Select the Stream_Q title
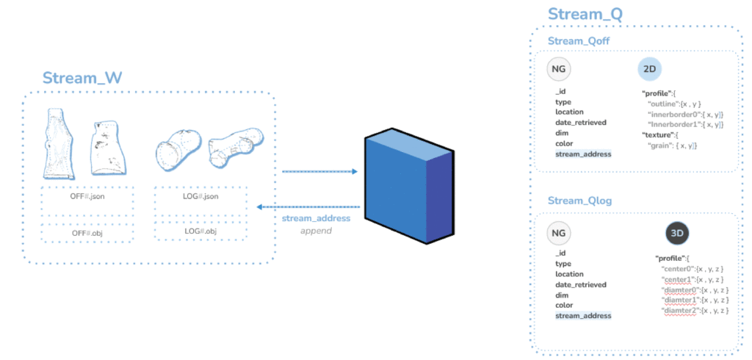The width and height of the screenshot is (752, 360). [585, 14]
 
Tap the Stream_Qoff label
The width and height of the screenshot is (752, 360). [579, 41]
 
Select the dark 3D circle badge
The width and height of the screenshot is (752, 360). [678, 234]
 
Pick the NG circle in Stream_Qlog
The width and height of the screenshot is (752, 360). [559, 234]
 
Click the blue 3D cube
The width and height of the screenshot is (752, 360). [409, 186]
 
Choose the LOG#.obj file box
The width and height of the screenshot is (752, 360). [201, 231]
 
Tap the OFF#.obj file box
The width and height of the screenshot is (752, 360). [87, 234]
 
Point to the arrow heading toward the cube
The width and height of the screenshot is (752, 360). [320, 171]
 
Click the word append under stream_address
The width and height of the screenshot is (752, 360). [316, 231]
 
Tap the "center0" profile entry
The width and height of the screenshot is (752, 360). [692, 269]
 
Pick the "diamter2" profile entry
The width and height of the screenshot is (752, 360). [695, 311]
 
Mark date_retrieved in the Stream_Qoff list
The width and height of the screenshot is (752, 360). [581, 123]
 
